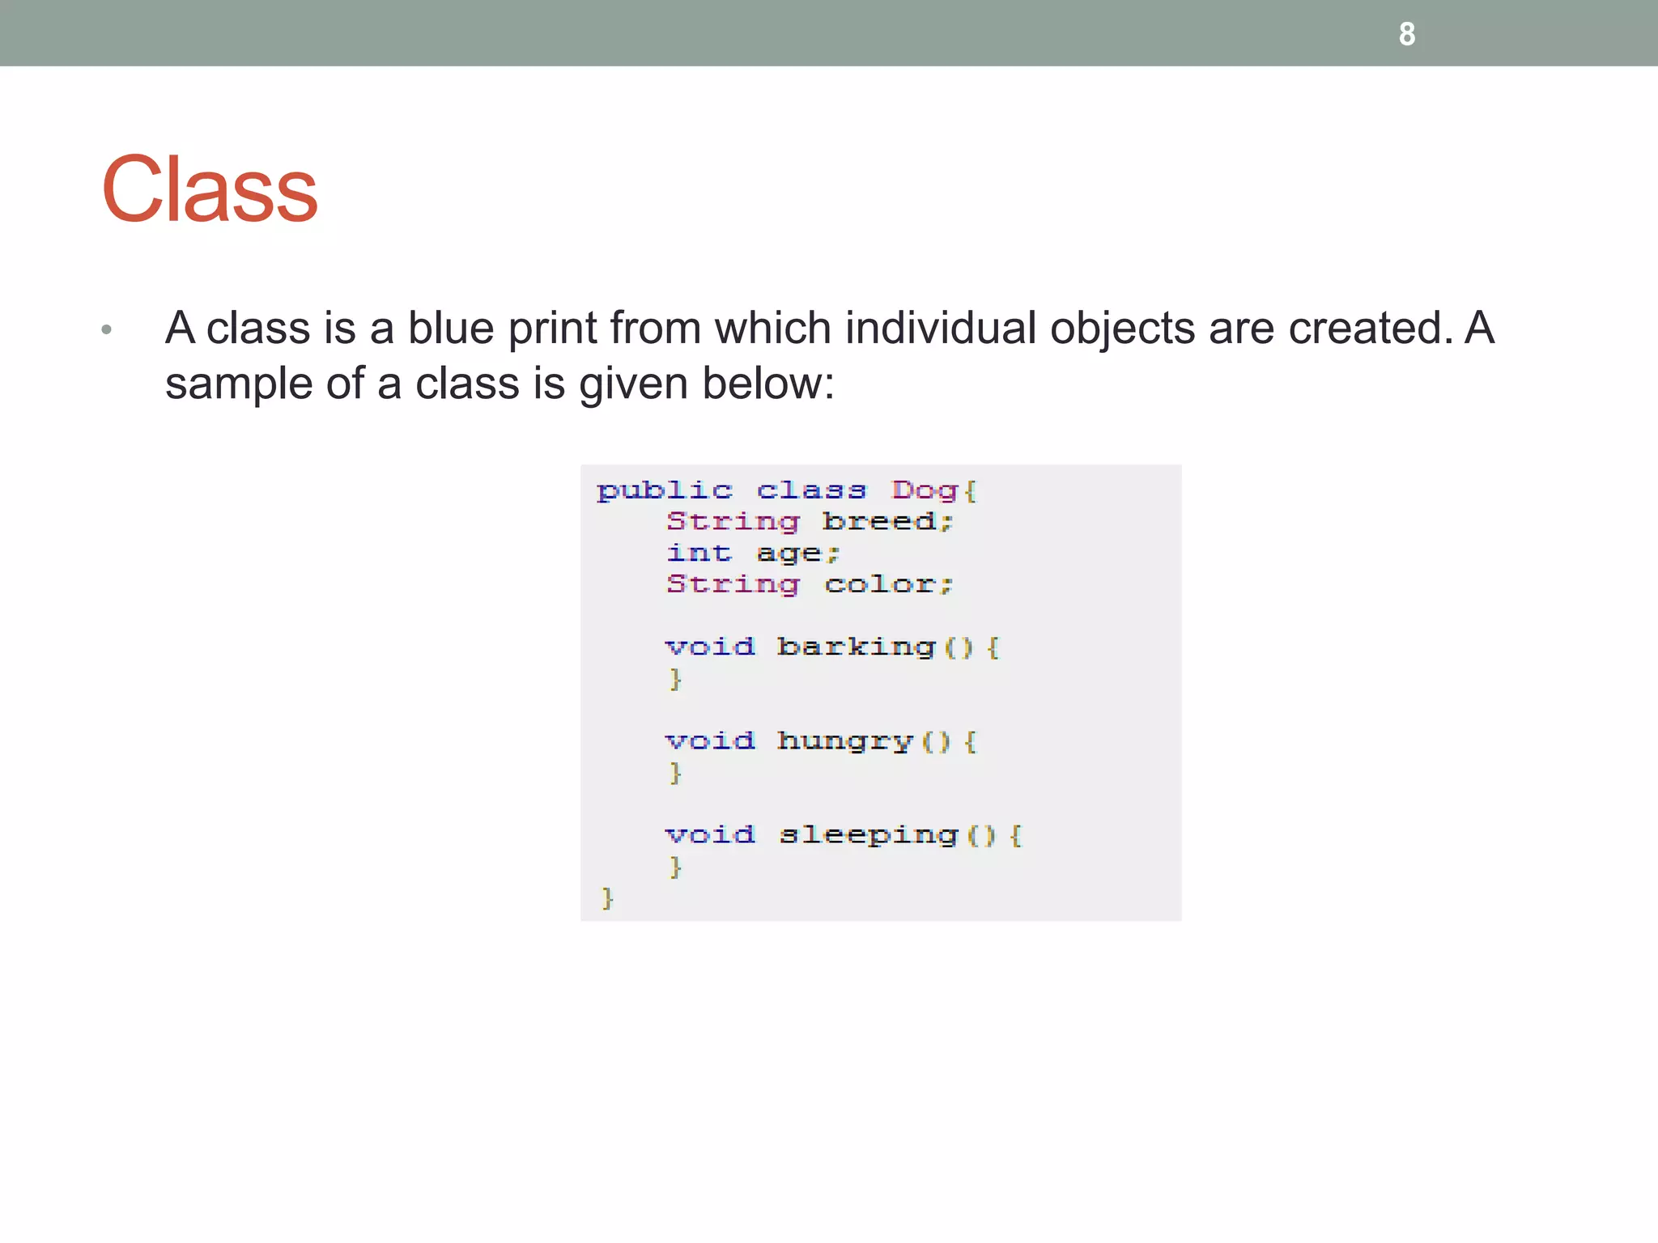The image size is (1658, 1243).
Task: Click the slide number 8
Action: pos(1407,34)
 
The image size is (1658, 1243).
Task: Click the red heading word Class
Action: pos(210,190)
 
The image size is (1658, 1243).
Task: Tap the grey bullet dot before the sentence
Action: pos(106,329)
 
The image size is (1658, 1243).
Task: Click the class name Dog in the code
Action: pos(925,490)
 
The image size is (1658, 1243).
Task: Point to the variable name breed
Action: pos(879,521)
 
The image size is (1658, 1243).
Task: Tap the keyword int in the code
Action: pos(699,553)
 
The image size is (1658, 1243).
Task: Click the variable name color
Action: pos(880,584)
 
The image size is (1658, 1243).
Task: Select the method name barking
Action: pos(857,647)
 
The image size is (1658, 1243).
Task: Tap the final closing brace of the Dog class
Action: pos(607,898)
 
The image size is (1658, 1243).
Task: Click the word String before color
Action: pos(733,584)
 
